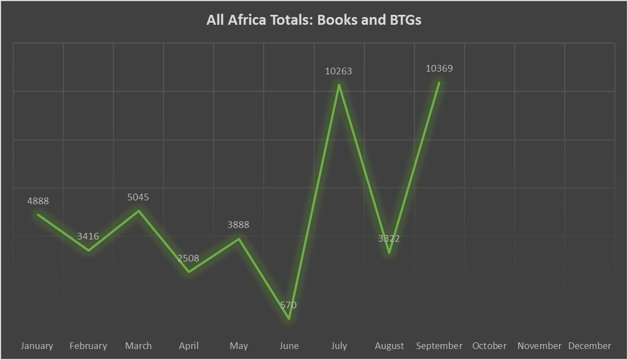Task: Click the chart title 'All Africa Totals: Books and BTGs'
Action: tap(314, 20)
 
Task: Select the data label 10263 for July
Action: tap(338, 71)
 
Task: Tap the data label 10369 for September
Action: tap(439, 69)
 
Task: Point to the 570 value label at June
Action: tap(288, 305)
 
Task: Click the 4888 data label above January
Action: tap(38, 201)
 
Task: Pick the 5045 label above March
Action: tap(138, 197)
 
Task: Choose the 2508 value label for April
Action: tap(188, 258)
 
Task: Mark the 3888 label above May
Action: tap(238, 225)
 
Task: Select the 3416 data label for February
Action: tap(88, 237)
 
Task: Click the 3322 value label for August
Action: tap(389, 239)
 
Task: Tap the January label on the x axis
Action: tap(37, 346)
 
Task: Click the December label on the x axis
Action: tap(589, 346)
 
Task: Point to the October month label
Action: tap(489, 346)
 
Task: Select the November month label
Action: tap(539, 346)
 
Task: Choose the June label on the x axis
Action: tap(289, 346)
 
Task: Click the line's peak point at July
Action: tap(339, 85)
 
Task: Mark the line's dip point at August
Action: tap(389, 253)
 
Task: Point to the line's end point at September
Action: tap(439, 83)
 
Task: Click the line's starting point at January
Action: tap(38, 215)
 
